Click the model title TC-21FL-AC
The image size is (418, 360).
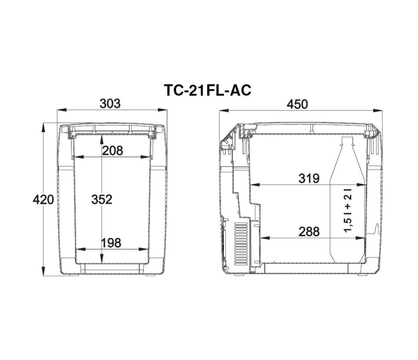tap(208, 90)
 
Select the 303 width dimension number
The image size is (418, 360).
tap(110, 104)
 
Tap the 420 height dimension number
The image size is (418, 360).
tap(43, 200)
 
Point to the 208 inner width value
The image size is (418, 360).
tap(112, 151)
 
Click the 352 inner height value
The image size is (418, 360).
tap(102, 200)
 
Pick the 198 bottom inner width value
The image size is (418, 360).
tap(111, 243)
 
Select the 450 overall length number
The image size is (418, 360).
tap(297, 104)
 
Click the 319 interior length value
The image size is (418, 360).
tap(309, 179)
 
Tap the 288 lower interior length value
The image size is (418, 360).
tap(309, 232)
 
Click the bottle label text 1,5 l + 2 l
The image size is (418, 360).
tap(348, 210)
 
